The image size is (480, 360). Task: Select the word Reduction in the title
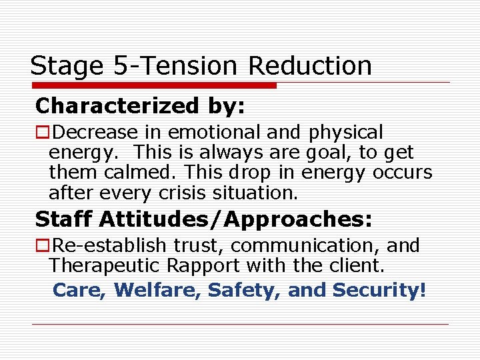tap(310, 66)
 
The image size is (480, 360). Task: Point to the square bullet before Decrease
tap(42, 133)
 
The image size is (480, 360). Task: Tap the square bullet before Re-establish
tap(42, 246)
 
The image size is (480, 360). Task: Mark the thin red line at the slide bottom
tap(240, 325)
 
